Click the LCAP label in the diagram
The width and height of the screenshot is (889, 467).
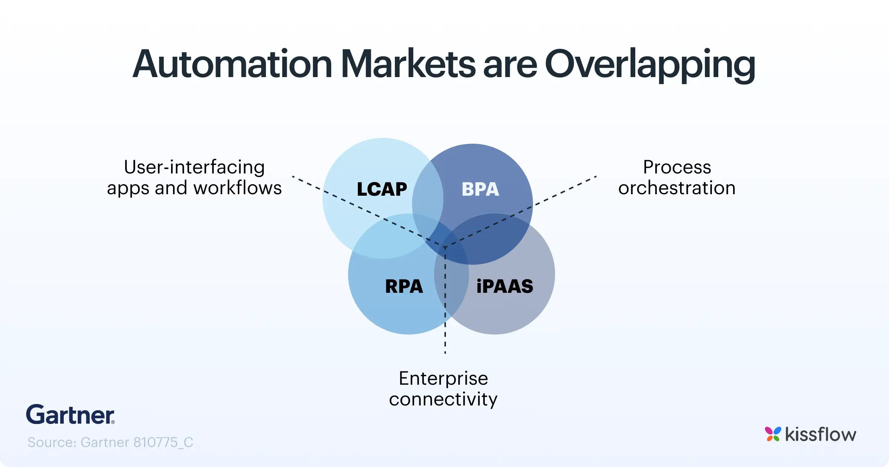click(x=382, y=189)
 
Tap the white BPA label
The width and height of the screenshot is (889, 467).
click(x=480, y=189)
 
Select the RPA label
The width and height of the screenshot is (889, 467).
click(x=404, y=287)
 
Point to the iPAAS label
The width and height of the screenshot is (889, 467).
click(x=505, y=287)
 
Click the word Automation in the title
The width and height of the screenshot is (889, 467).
click(x=232, y=64)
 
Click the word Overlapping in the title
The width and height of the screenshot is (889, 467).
click(x=650, y=64)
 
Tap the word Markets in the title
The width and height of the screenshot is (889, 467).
click(x=408, y=64)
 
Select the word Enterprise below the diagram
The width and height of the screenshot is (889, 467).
click(x=443, y=379)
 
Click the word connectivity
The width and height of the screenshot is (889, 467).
click(x=443, y=400)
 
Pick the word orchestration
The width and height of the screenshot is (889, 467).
click(x=677, y=188)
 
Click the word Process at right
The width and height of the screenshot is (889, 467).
click(x=677, y=167)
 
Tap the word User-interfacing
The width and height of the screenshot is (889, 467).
click(x=194, y=167)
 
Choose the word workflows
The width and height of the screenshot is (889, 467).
click(x=237, y=188)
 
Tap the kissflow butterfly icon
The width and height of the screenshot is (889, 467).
click(x=773, y=434)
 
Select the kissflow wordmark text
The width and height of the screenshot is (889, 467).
click(x=820, y=434)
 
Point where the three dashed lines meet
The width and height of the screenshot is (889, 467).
click(x=445, y=247)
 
